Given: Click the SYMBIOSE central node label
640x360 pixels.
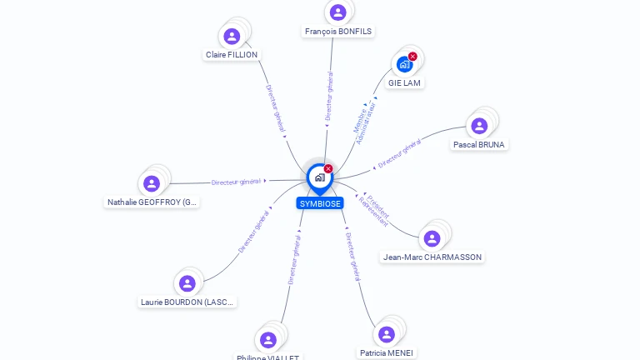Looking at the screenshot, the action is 320,203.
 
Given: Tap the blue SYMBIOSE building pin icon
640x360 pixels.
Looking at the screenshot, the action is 320,177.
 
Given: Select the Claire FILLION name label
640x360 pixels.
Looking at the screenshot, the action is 232,55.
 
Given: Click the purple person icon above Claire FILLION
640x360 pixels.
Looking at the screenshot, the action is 232,37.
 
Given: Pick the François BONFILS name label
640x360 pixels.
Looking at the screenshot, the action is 338,32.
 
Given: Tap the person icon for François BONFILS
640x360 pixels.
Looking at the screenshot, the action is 337,12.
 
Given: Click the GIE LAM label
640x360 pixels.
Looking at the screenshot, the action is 405,83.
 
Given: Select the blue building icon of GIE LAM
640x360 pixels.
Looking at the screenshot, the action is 404,65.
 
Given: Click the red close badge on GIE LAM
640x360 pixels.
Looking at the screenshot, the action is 412,57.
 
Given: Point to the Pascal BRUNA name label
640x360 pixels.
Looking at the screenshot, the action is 479,144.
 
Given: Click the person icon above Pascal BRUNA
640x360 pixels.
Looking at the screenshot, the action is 479,126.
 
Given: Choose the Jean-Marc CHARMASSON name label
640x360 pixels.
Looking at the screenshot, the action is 432,257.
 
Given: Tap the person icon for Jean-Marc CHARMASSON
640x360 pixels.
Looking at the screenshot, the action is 432,239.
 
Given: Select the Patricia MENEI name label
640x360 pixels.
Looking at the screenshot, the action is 387,352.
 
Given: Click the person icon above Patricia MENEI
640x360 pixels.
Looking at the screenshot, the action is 387,334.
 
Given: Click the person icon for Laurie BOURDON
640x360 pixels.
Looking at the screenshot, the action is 187,283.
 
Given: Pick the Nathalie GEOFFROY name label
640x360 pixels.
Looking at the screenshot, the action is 152,202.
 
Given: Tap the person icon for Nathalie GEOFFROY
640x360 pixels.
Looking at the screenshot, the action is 152,183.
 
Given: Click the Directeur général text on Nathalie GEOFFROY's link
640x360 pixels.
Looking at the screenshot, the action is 236,182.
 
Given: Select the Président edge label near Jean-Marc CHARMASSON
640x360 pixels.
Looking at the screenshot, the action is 378,206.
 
